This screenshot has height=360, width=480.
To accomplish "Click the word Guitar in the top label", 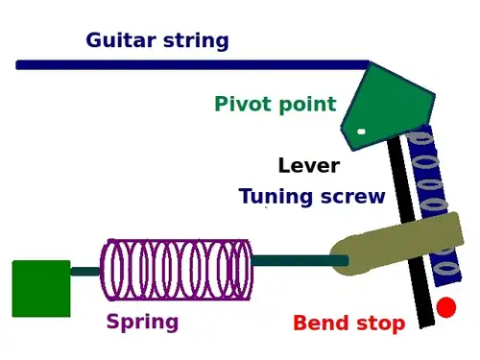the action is point(121,40).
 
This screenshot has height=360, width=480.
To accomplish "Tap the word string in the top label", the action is point(196,41).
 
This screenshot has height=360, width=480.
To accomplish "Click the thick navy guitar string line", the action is point(193,64).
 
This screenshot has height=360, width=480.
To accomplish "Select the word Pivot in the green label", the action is point(242,104).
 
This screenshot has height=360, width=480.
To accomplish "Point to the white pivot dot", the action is point(361,132).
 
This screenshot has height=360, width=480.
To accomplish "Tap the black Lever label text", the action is point(309,165).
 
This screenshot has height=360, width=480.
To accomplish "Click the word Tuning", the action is point(276,196).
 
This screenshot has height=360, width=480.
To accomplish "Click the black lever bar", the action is point(411,231).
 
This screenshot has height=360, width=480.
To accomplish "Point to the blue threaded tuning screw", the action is point(435,204).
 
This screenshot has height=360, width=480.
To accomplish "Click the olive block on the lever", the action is point(396,244).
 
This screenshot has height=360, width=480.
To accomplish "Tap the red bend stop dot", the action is point(446,307).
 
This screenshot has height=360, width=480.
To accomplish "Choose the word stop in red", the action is point(381,324).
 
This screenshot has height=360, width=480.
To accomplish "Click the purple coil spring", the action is point(177,270).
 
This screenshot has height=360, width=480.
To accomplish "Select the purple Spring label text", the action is point(142,322).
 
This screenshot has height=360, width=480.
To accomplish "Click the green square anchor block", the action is point(41,289).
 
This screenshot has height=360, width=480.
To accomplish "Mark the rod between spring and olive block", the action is point(300,260).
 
